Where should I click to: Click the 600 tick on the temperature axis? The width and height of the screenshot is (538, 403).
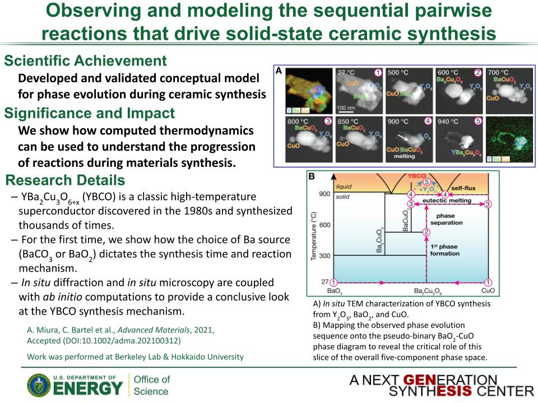tap(325, 224)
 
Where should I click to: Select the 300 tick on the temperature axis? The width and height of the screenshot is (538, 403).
tap(325, 255)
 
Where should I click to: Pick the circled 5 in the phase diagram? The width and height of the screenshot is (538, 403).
tap(426, 182)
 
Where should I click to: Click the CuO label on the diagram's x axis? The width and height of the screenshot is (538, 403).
tap(488, 292)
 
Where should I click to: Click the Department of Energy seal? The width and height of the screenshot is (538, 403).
tap(38, 385)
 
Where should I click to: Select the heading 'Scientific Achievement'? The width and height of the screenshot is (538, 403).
tap(85, 61)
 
